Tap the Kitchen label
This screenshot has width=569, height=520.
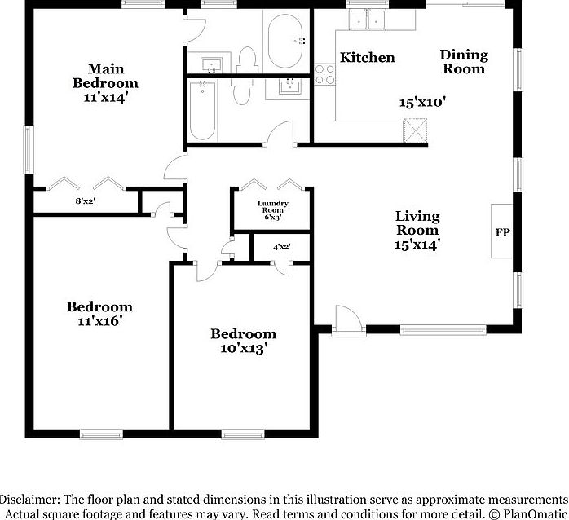pyautogui.click(x=367, y=57)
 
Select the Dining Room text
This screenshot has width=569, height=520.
pyautogui.click(x=464, y=62)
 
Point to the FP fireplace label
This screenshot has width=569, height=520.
pyautogui.click(x=501, y=232)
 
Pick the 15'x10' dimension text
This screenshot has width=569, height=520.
pyautogui.click(x=421, y=103)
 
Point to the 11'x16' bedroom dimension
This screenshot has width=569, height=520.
pyautogui.click(x=99, y=321)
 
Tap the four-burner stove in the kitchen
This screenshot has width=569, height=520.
pyautogui.click(x=325, y=73)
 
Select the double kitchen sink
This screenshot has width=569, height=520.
pyautogui.click(x=367, y=20)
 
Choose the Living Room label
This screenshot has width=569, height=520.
pyautogui.click(x=417, y=223)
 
